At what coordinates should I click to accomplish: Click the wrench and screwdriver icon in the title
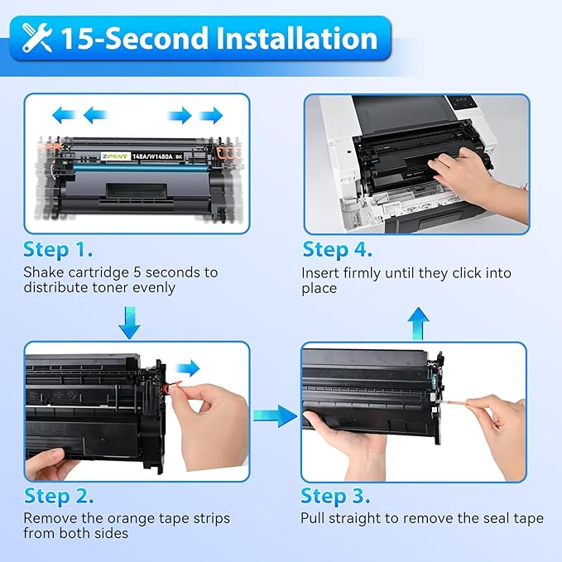point(38,39)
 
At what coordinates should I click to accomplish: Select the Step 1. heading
point(58,249)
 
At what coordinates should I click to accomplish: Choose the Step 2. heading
point(58,496)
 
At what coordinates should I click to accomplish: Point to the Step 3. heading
point(335,496)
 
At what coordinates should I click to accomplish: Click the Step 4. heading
point(337,249)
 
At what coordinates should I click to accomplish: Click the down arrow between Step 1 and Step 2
point(129,321)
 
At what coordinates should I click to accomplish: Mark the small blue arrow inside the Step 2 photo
point(190,367)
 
